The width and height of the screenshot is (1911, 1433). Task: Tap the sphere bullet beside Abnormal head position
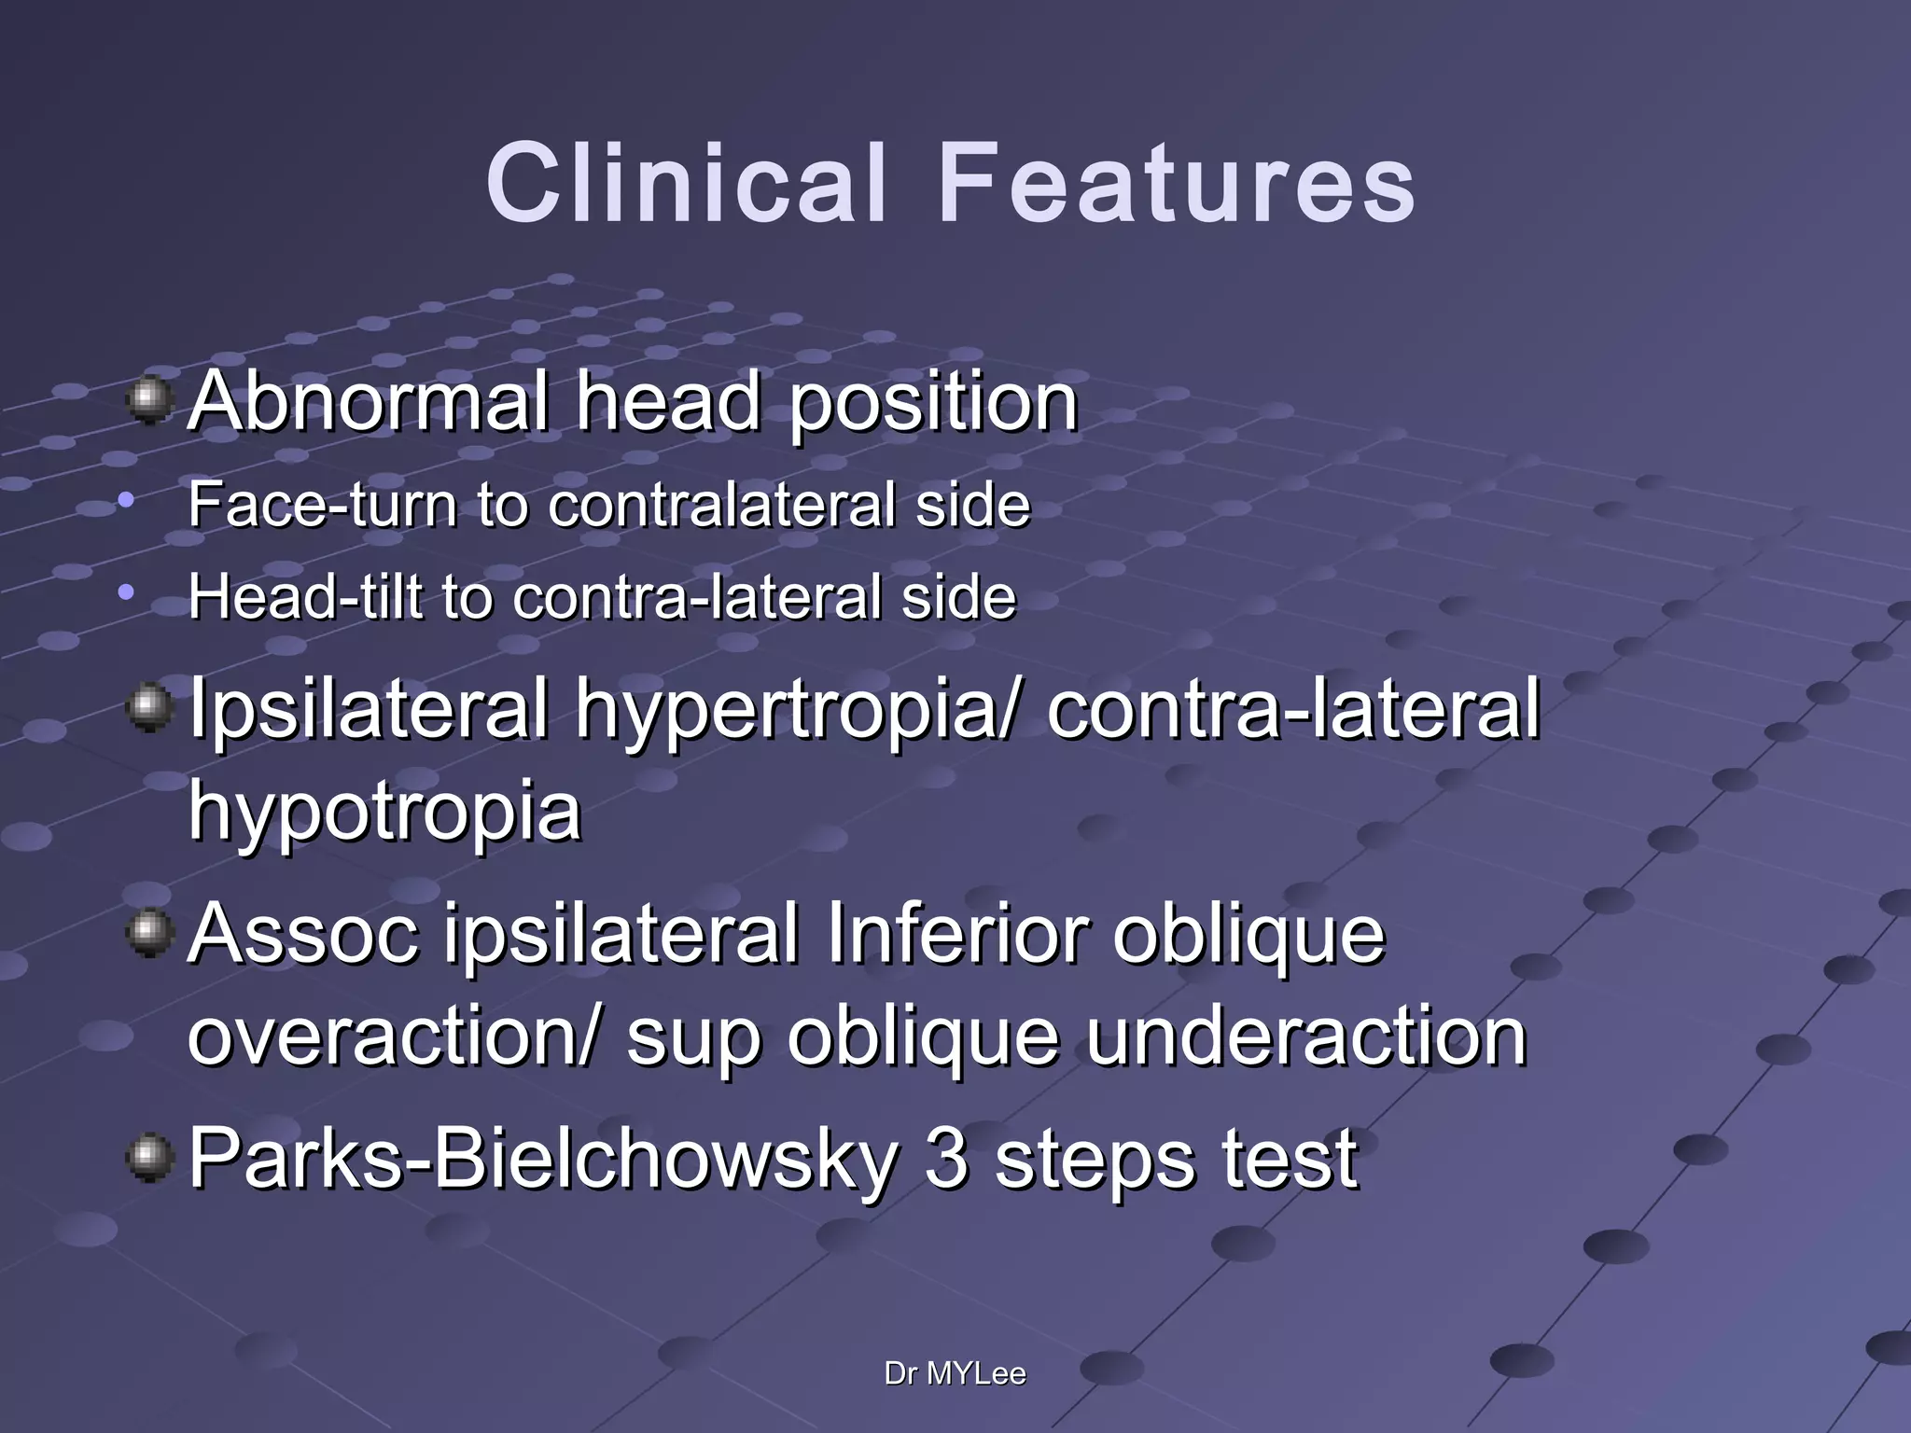pos(149,401)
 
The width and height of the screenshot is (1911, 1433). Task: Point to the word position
pos(933,403)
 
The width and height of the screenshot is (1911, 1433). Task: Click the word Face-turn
pos(323,505)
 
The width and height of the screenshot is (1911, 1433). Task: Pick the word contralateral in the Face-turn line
pos(723,505)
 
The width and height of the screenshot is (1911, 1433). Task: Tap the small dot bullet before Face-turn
pos(127,501)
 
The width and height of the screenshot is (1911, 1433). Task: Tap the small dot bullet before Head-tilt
pos(127,592)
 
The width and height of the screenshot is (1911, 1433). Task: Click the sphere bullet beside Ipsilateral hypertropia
pos(149,709)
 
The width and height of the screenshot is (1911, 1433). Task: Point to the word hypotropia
pos(384,810)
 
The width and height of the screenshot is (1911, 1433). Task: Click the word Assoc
pos(304,935)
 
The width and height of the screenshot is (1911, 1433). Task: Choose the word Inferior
pos(955,935)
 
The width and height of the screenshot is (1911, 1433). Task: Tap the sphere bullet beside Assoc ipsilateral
pos(149,933)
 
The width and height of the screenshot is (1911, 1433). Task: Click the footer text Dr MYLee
pos(955,1373)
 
